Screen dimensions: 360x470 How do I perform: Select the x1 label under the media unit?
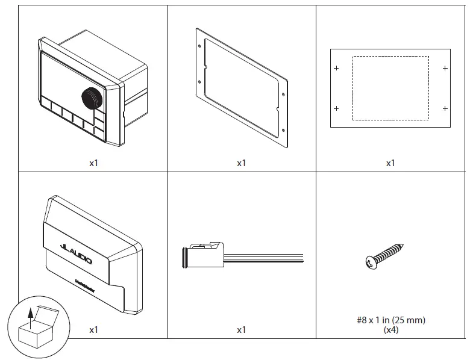pyautogui.click(x=93, y=163)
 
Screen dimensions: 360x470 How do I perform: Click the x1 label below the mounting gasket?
pyautogui.click(x=242, y=163)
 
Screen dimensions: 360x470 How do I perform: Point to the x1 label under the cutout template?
pyautogui.click(x=390, y=163)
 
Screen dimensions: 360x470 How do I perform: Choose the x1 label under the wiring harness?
pyautogui.click(x=242, y=330)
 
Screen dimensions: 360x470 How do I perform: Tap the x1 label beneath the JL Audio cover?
pyautogui.click(x=93, y=330)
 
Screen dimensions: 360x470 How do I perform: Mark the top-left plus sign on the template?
pyautogui.click(x=336, y=68)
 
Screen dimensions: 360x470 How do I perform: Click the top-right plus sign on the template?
pyautogui.click(x=445, y=68)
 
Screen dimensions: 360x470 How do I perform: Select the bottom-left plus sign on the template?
pyautogui.click(x=336, y=108)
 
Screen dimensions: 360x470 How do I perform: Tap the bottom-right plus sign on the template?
pyautogui.click(x=445, y=108)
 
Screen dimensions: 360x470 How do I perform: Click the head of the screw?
pyautogui.click(x=371, y=261)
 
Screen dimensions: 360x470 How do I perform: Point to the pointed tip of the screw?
pyautogui.click(x=402, y=245)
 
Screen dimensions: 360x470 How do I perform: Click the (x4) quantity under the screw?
pyautogui.click(x=390, y=330)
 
